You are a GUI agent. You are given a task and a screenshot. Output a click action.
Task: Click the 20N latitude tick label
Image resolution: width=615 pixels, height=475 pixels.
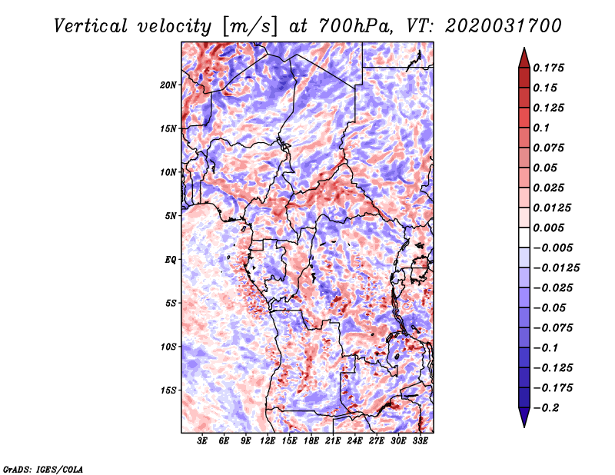(x=168, y=85)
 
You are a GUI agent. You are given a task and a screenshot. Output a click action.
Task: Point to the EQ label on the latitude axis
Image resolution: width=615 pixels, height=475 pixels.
(x=170, y=260)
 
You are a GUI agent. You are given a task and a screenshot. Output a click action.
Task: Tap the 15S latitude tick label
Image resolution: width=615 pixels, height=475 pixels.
(x=168, y=390)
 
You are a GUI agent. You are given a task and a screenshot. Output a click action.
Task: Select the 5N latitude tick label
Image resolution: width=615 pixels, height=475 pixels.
(x=171, y=216)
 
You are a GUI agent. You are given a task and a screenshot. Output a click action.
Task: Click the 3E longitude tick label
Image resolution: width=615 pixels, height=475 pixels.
(x=203, y=441)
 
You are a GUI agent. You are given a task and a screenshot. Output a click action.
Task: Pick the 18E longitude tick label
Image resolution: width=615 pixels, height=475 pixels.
(x=311, y=441)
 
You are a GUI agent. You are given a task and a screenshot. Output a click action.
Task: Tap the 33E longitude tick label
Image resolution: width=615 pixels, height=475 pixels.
(x=420, y=441)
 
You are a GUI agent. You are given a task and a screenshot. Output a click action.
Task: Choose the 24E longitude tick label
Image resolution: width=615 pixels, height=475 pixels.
(x=354, y=441)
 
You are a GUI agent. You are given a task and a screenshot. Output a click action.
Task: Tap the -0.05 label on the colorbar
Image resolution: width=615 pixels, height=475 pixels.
(x=550, y=307)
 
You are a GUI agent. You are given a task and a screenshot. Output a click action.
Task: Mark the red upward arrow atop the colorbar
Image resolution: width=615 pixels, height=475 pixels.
(x=524, y=56)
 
